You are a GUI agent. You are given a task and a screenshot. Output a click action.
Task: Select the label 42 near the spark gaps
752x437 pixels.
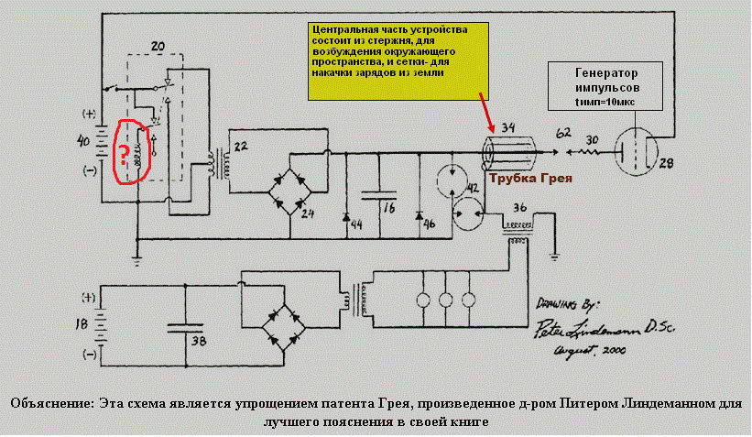[x=474, y=189]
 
